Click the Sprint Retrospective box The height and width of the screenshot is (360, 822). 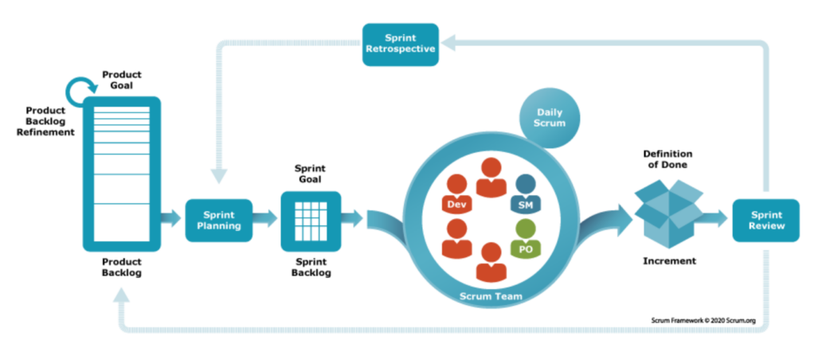400,44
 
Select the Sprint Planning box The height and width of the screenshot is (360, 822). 218,220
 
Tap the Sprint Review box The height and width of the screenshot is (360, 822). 765,220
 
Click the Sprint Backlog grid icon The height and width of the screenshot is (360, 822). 311,221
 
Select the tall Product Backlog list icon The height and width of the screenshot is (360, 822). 121,174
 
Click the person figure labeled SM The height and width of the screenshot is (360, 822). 525,194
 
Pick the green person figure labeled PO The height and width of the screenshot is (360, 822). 525,238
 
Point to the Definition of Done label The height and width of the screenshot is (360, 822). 667,158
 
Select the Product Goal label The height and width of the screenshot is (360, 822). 121,80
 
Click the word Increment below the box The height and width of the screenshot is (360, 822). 669,260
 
